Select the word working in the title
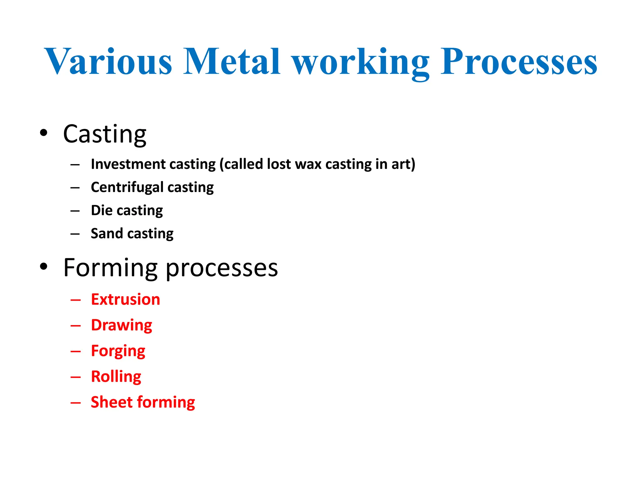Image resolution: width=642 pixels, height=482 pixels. point(360,63)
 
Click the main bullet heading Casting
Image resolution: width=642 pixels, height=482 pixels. point(105,134)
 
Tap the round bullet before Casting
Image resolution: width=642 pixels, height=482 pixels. point(44,133)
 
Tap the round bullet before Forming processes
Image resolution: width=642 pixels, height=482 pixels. point(44,266)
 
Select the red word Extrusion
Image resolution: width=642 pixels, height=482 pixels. point(125,299)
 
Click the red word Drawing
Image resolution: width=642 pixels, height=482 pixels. point(121,325)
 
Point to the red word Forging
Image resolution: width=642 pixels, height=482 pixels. point(118,351)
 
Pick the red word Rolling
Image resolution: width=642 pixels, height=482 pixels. point(116,377)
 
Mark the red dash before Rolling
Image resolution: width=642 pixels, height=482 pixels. point(76,377)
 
